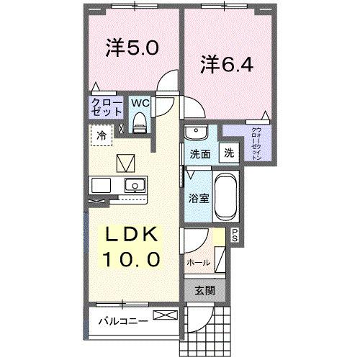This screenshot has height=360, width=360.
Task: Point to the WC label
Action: pyautogui.click(x=139, y=102)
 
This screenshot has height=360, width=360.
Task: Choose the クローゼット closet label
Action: pyautogui.click(x=104, y=108)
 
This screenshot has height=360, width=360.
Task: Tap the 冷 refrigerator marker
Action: pyautogui.click(x=102, y=135)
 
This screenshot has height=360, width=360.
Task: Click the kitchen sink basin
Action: pyautogui.click(x=132, y=185)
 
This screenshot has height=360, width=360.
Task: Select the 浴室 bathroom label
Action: pyautogui.click(x=199, y=197)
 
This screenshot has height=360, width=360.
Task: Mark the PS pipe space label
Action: pyautogui.click(x=235, y=233)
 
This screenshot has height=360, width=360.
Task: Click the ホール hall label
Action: pyautogui.click(x=198, y=263)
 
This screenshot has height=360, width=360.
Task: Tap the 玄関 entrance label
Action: pyautogui.click(x=206, y=291)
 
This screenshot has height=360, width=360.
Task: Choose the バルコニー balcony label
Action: pyautogui.click(x=122, y=321)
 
